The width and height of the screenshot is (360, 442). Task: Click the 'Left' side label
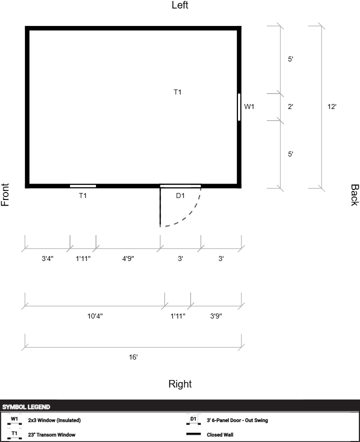pos(180,5)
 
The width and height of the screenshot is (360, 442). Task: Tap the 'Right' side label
pos(180,384)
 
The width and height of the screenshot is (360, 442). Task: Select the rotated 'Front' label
pos(5,195)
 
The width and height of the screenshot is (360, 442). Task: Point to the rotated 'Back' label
pos(354,195)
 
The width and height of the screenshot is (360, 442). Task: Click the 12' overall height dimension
pos(332,106)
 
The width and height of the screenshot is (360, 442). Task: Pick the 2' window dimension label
pos(290,106)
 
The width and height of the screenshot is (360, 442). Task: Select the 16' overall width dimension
pos(133,357)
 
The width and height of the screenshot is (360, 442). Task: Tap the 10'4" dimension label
pos(95,316)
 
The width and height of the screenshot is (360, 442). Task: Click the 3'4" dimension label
pos(47,258)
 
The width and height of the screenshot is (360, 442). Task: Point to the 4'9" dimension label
pos(128,258)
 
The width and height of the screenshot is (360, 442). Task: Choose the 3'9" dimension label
pos(216,316)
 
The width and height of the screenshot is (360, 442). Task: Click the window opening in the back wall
pos(239,107)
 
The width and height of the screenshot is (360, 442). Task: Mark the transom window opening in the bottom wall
pos(83,186)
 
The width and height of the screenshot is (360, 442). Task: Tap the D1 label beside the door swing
pos(180,195)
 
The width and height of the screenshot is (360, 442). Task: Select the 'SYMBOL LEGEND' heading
pos(26,407)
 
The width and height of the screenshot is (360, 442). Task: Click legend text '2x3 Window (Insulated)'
pos(54,420)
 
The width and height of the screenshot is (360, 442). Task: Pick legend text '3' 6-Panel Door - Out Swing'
pos(237,420)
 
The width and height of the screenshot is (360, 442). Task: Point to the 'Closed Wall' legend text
pos(220,434)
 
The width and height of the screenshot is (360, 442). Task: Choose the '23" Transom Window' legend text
pos(51,434)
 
